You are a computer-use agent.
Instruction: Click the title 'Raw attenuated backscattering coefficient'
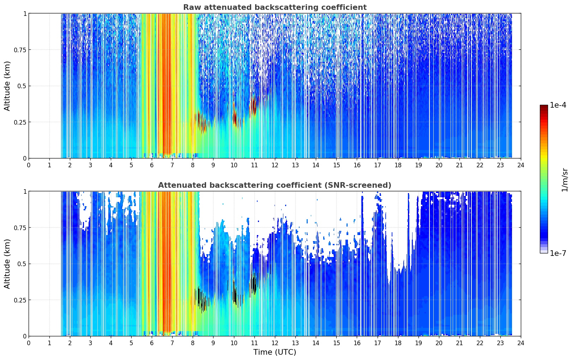click(275, 7)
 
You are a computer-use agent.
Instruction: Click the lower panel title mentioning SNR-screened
click(275, 185)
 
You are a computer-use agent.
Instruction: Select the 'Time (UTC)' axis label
click(275, 352)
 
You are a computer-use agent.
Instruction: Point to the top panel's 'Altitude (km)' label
click(7, 86)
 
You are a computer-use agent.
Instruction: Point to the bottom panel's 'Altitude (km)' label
click(7, 264)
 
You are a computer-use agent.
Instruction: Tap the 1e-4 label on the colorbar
click(558, 105)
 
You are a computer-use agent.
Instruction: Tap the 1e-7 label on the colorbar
click(558, 253)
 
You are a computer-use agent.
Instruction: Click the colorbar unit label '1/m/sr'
click(565, 180)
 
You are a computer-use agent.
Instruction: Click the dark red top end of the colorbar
click(544, 106)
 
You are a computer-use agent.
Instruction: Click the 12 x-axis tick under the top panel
click(275, 165)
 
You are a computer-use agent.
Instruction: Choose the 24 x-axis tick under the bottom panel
click(521, 343)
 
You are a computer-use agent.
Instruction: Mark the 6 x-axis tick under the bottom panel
click(152, 343)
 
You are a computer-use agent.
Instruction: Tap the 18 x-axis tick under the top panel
click(398, 165)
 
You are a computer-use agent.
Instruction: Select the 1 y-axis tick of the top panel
click(25, 13)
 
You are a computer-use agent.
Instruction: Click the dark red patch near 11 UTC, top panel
click(254, 105)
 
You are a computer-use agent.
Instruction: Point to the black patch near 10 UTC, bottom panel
click(235, 294)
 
